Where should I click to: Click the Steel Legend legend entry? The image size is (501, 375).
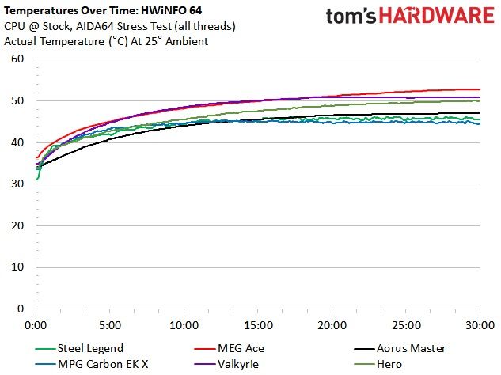(79, 348)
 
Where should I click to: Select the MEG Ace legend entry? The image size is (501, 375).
(229, 348)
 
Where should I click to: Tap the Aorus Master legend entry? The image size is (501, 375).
(400, 348)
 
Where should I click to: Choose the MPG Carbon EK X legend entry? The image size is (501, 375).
(92, 364)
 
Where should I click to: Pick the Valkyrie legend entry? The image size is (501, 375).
(226, 364)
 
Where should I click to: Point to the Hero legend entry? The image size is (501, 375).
(378, 364)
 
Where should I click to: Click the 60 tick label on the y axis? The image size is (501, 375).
(17, 59)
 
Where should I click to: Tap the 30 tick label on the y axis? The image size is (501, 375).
(17, 184)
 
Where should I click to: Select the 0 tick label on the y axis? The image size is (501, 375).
(21, 309)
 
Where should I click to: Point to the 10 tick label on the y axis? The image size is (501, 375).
(17, 267)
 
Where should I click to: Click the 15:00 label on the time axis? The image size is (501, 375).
(258, 325)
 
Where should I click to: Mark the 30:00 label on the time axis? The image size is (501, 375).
(480, 325)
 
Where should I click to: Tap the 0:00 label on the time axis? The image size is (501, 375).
(36, 325)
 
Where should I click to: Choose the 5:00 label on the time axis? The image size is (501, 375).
(110, 325)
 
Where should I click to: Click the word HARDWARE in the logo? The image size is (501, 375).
(437, 15)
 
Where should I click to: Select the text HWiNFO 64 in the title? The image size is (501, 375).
(171, 10)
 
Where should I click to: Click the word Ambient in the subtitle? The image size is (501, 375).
(187, 41)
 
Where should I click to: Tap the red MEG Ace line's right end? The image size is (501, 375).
(480, 89)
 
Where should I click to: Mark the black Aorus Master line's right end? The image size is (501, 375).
(480, 113)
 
